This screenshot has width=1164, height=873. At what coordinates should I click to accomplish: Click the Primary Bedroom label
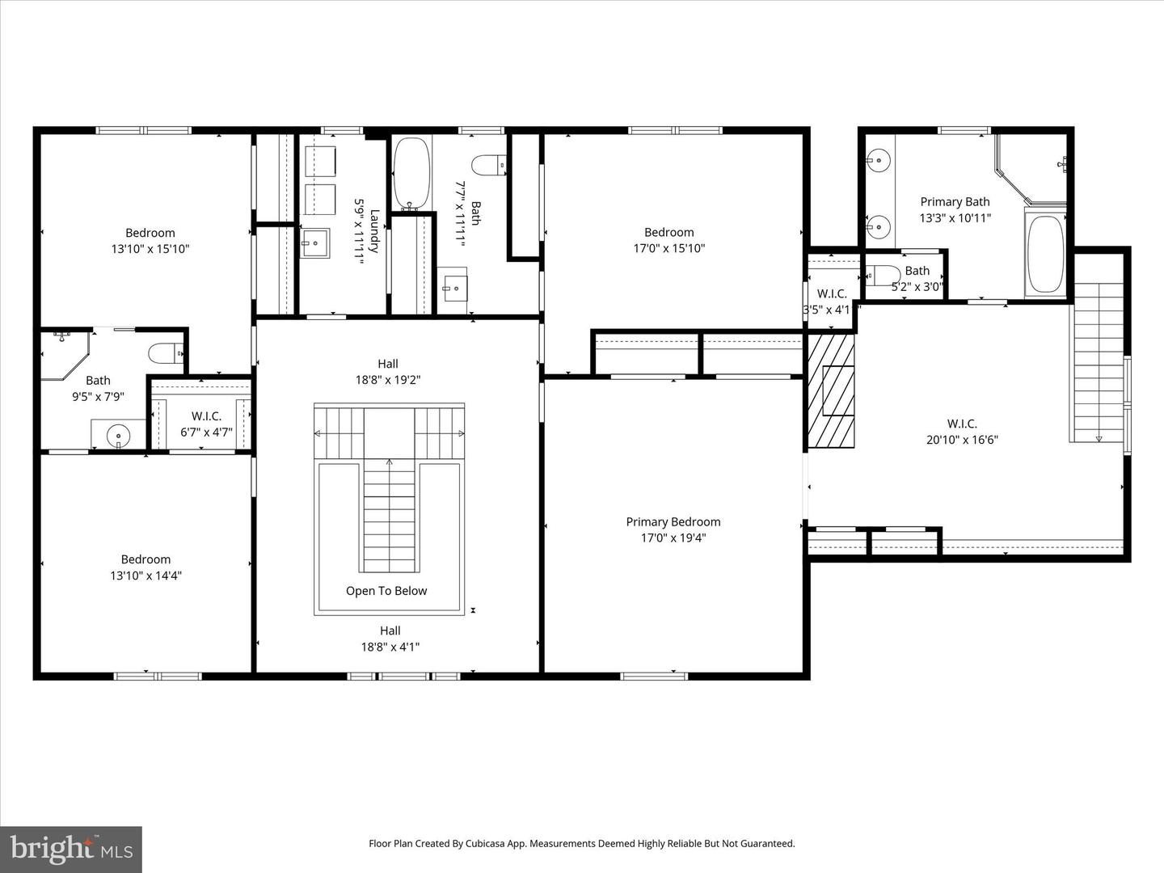(673, 522)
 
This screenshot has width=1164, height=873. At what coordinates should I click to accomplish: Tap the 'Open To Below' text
(386, 591)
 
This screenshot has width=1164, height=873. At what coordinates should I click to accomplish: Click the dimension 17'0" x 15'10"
(668, 249)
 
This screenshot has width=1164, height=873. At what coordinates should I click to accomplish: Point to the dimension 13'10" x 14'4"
(145, 576)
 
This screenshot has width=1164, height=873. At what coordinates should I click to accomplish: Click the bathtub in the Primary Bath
(1045, 253)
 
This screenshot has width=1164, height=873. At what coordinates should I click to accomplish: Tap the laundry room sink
(314, 242)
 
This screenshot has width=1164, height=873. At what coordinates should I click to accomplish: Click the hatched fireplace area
(832, 390)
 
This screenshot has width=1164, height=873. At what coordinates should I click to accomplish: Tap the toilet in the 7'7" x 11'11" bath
(488, 165)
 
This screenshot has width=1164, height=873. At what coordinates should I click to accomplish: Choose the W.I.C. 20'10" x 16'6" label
(962, 432)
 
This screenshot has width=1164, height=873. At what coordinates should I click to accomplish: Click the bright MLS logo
(71, 849)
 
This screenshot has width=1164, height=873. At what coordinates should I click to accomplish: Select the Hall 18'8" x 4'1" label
(390, 639)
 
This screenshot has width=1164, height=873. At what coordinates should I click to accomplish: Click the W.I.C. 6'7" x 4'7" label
(206, 424)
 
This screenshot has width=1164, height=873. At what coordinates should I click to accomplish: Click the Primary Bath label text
(955, 202)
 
